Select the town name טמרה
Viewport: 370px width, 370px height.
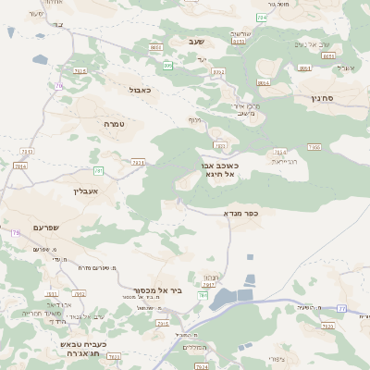(114, 124)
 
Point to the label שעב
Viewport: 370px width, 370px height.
(196, 42)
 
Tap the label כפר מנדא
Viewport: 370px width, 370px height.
(240, 213)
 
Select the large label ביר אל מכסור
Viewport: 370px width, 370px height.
(163, 290)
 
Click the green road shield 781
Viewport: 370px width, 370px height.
(98, 170)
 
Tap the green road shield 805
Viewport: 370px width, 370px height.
(168, 66)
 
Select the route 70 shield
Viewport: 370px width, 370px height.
(59, 86)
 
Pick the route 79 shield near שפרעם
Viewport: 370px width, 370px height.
(15, 233)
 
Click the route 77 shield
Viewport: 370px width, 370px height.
(341, 308)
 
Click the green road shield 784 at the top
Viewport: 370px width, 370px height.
(262, 18)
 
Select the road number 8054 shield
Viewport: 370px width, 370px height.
(264, 83)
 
